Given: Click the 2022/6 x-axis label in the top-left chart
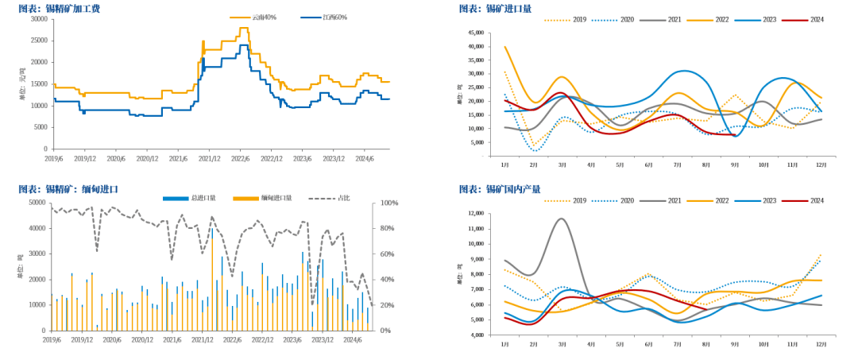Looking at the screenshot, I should point(241,158).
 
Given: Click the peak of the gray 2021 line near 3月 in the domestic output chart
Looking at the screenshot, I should point(561,219).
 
